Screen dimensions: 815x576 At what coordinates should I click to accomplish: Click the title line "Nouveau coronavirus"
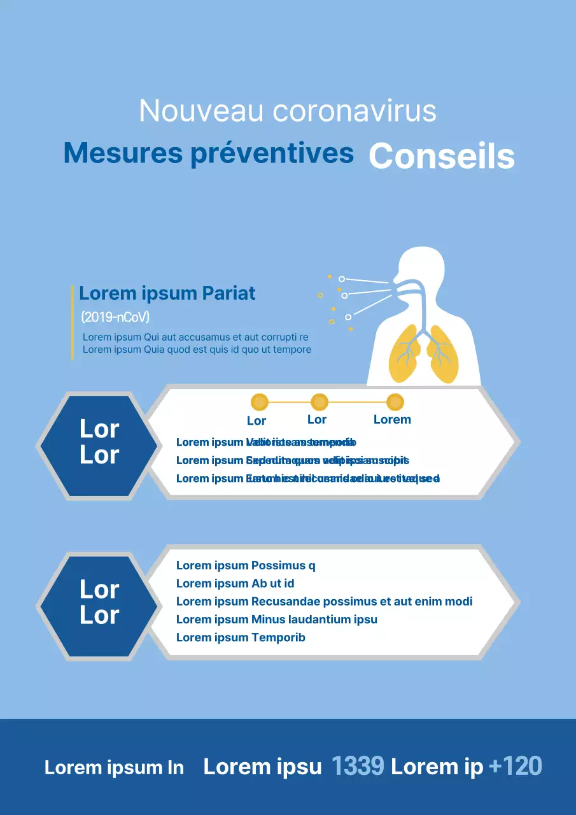(x=288, y=111)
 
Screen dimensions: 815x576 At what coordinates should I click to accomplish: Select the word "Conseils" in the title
(x=442, y=156)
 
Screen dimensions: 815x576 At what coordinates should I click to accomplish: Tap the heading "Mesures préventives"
(x=209, y=153)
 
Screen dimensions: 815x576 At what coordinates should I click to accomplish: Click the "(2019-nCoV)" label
(x=115, y=317)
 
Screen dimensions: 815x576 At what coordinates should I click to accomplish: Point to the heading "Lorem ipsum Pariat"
(x=167, y=294)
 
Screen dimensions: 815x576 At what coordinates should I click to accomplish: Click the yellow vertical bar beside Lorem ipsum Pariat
(x=73, y=323)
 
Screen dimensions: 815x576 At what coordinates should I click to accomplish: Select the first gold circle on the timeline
(x=260, y=402)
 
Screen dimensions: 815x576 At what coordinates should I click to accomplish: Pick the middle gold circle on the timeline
(x=319, y=402)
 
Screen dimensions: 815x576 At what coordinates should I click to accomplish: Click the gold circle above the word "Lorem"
(x=395, y=402)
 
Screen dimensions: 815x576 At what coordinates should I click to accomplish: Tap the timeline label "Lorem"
(x=392, y=420)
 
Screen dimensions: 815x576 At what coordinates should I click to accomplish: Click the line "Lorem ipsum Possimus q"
(x=246, y=565)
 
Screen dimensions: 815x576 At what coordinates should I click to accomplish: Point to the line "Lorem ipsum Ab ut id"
(x=235, y=583)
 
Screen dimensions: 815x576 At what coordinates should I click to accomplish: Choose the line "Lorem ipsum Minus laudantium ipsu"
(x=277, y=619)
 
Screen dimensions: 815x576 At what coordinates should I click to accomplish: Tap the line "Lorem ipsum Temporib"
(x=241, y=637)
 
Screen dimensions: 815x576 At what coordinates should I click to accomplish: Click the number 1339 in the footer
(x=358, y=767)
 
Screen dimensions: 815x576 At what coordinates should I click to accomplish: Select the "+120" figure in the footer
(x=516, y=767)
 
